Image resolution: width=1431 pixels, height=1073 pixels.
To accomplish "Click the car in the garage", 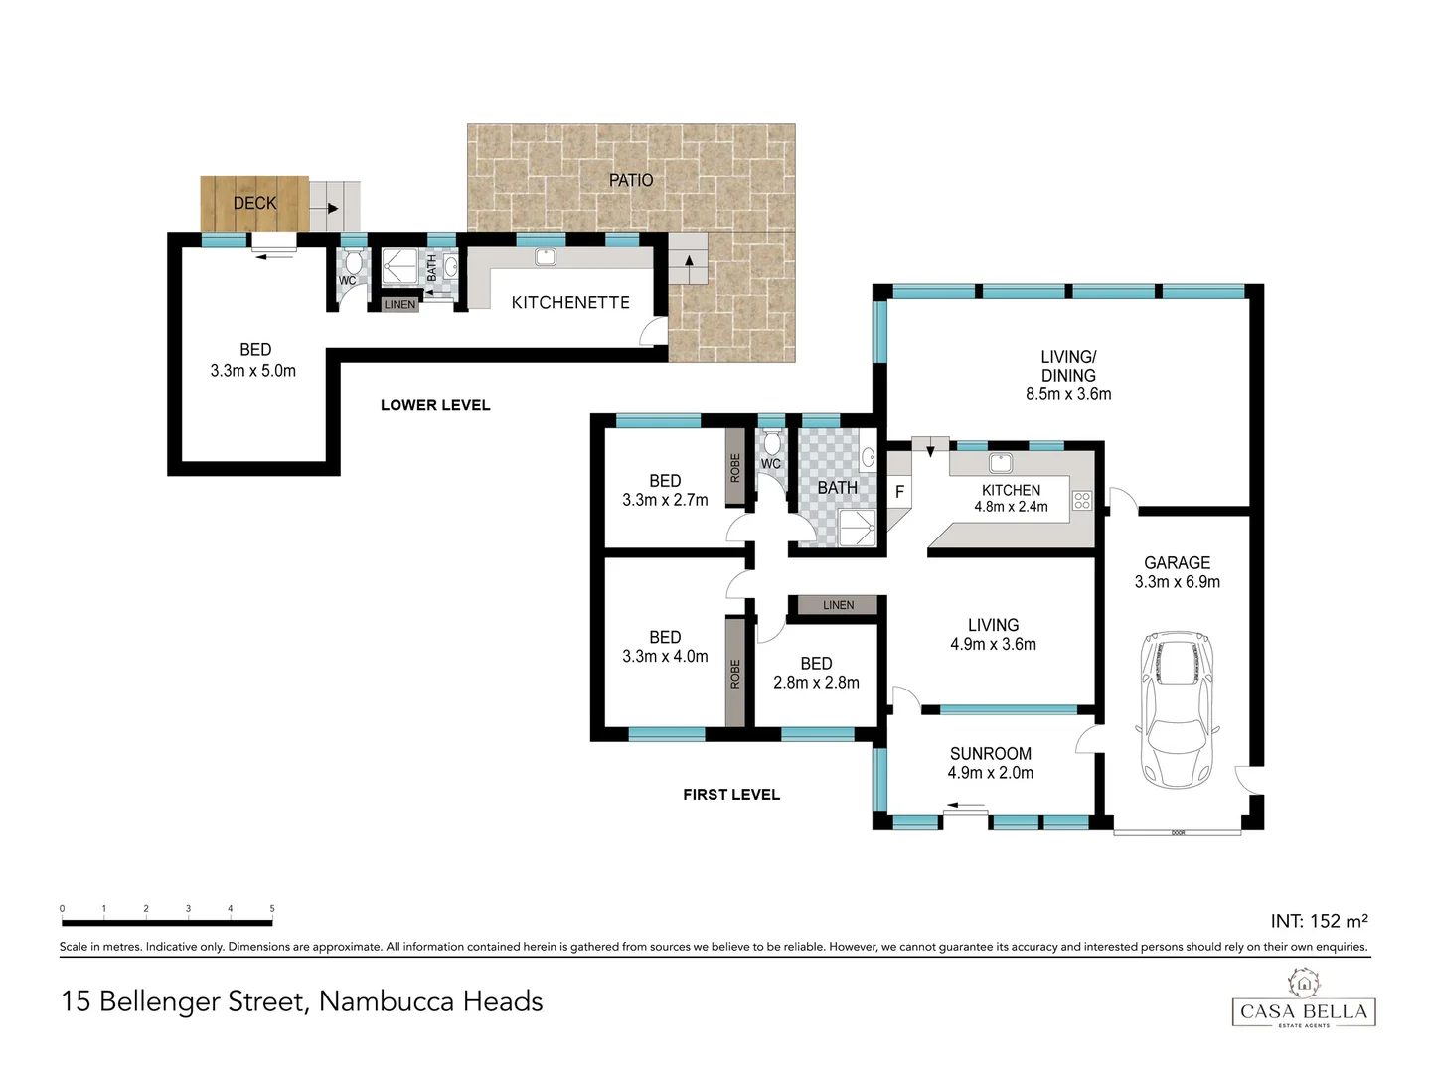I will click(1179, 709).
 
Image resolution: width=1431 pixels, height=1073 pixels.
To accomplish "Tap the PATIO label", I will click(631, 180).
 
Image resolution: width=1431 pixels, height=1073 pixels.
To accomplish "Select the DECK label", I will click(254, 203).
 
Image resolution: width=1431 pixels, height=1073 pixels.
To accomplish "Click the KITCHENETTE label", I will click(570, 302).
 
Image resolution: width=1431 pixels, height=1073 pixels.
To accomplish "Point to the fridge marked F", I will click(899, 492).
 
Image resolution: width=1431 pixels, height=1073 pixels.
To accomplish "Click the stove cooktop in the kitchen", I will click(1082, 501).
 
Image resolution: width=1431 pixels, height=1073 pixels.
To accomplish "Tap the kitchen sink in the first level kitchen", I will click(1000, 463).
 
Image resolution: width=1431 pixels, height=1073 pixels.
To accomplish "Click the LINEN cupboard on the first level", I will click(838, 605).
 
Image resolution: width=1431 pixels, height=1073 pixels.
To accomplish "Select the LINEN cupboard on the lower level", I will click(399, 304).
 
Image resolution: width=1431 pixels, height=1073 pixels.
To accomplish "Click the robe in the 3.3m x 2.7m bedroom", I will click(735, 468).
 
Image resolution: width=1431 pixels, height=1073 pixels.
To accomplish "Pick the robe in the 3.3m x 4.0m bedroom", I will click(735, 673).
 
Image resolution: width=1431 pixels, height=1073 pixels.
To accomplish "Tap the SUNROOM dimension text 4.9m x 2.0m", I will click(991, 773).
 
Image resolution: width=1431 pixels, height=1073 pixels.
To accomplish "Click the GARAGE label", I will click(1177, 562).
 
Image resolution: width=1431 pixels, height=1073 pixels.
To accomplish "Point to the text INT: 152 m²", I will click(1319, 921).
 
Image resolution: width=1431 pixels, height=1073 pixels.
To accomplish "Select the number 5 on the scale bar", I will click(272, 908).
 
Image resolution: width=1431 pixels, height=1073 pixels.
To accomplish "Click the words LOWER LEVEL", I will click(435, 405).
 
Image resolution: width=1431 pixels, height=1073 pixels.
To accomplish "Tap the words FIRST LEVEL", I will click(731, 795).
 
